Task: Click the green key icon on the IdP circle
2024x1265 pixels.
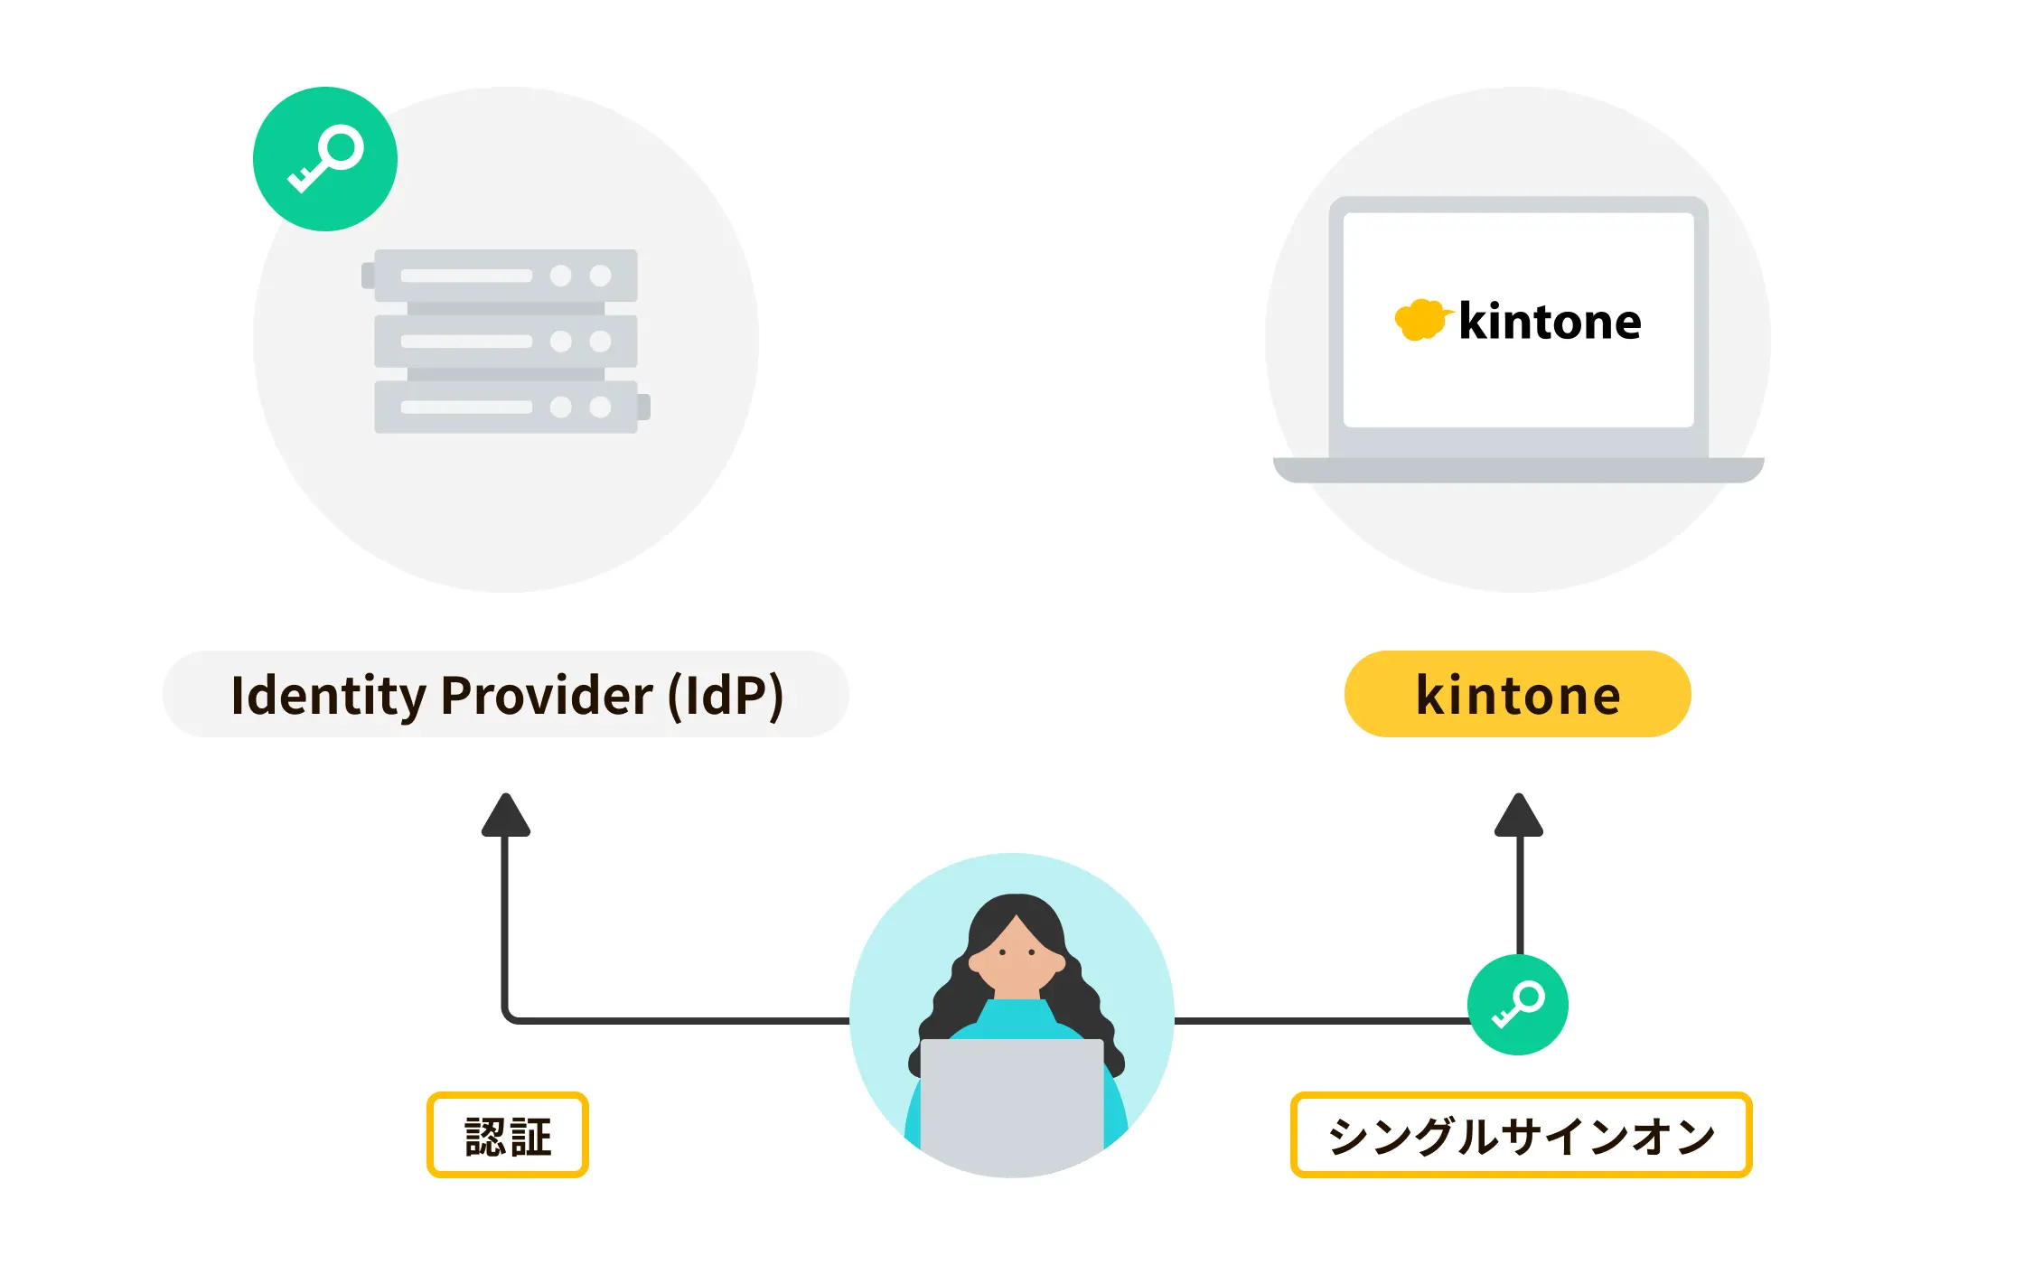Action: (325, 159)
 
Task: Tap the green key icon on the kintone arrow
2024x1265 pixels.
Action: (1518, 1004)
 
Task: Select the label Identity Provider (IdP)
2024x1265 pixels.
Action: (506, 694)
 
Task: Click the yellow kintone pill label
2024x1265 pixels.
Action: (1518, 694)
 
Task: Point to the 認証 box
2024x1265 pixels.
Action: (508, 1135)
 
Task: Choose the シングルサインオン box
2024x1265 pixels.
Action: (1521, 1135)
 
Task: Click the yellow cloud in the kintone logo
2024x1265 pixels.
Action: (1420, 319)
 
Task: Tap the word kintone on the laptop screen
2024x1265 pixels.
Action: (1550, 322)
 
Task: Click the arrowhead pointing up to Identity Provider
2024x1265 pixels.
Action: (506, 815)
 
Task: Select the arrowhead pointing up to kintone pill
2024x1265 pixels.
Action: (1519, 815)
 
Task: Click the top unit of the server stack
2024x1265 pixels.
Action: (506, 276)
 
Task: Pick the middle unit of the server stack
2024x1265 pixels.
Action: (506, 342)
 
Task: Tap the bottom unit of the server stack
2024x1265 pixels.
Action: (506, 408)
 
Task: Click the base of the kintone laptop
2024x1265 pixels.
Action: (1518, 470)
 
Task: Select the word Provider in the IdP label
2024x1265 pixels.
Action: (547, 695)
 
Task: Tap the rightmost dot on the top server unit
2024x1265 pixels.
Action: (601, 276)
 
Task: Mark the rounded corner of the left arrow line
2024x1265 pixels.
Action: (509, 1017)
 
